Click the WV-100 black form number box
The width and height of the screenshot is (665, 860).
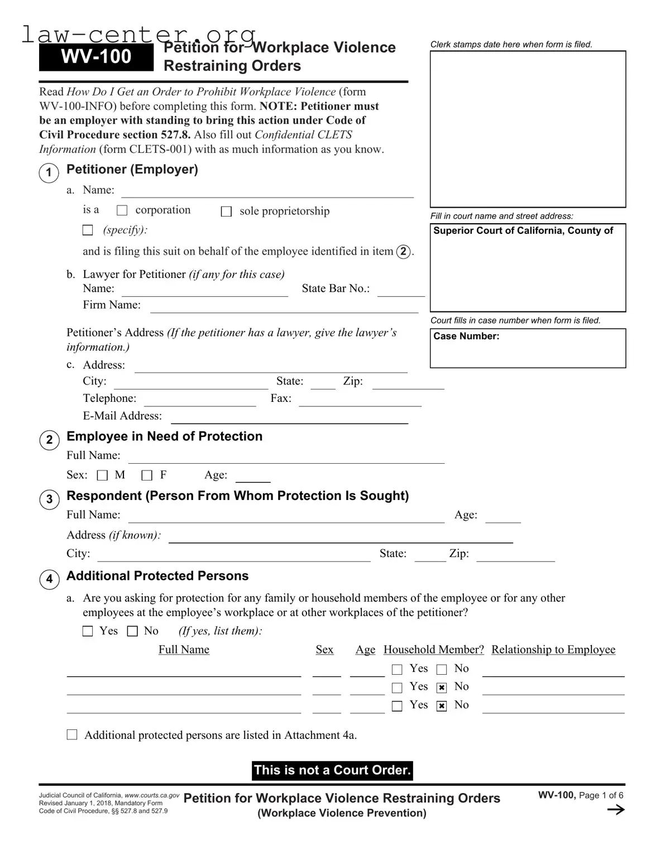[96, 56]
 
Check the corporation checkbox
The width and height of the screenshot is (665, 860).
[122, 210]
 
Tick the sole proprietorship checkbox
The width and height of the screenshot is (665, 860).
[226, 212]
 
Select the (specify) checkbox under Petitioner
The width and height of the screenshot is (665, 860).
[88, 230]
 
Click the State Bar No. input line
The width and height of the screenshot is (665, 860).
[400, 291]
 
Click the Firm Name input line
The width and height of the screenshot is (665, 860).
[284, 307]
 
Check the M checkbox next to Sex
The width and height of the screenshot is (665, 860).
[102, 475]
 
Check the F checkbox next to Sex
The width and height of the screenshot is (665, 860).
[147, 475]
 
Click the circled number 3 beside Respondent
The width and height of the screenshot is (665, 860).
[49, 499]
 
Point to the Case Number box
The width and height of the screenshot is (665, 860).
[528, 348]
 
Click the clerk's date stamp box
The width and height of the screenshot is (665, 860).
[528, 129]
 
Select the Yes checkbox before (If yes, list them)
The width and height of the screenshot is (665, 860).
[88, 631]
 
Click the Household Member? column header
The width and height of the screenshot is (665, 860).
[433, 650]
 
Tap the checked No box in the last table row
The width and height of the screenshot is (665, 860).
[442, 706]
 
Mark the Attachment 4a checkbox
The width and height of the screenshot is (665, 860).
[72, 734]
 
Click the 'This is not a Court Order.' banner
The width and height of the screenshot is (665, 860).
[333, 770]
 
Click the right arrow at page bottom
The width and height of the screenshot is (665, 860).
[615, 810]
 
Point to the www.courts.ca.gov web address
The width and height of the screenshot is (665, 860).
[152, 795]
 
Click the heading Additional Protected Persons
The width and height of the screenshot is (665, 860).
[157, 576]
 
